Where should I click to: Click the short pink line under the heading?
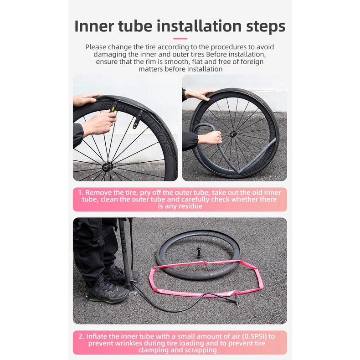(180, 39)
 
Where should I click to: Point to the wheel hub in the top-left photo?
(107, 166)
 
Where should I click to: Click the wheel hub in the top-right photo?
(232, 134)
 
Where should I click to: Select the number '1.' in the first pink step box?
(81, 192)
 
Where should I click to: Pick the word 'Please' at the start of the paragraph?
(96, 47)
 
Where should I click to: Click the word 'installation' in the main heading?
(199, 26)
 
